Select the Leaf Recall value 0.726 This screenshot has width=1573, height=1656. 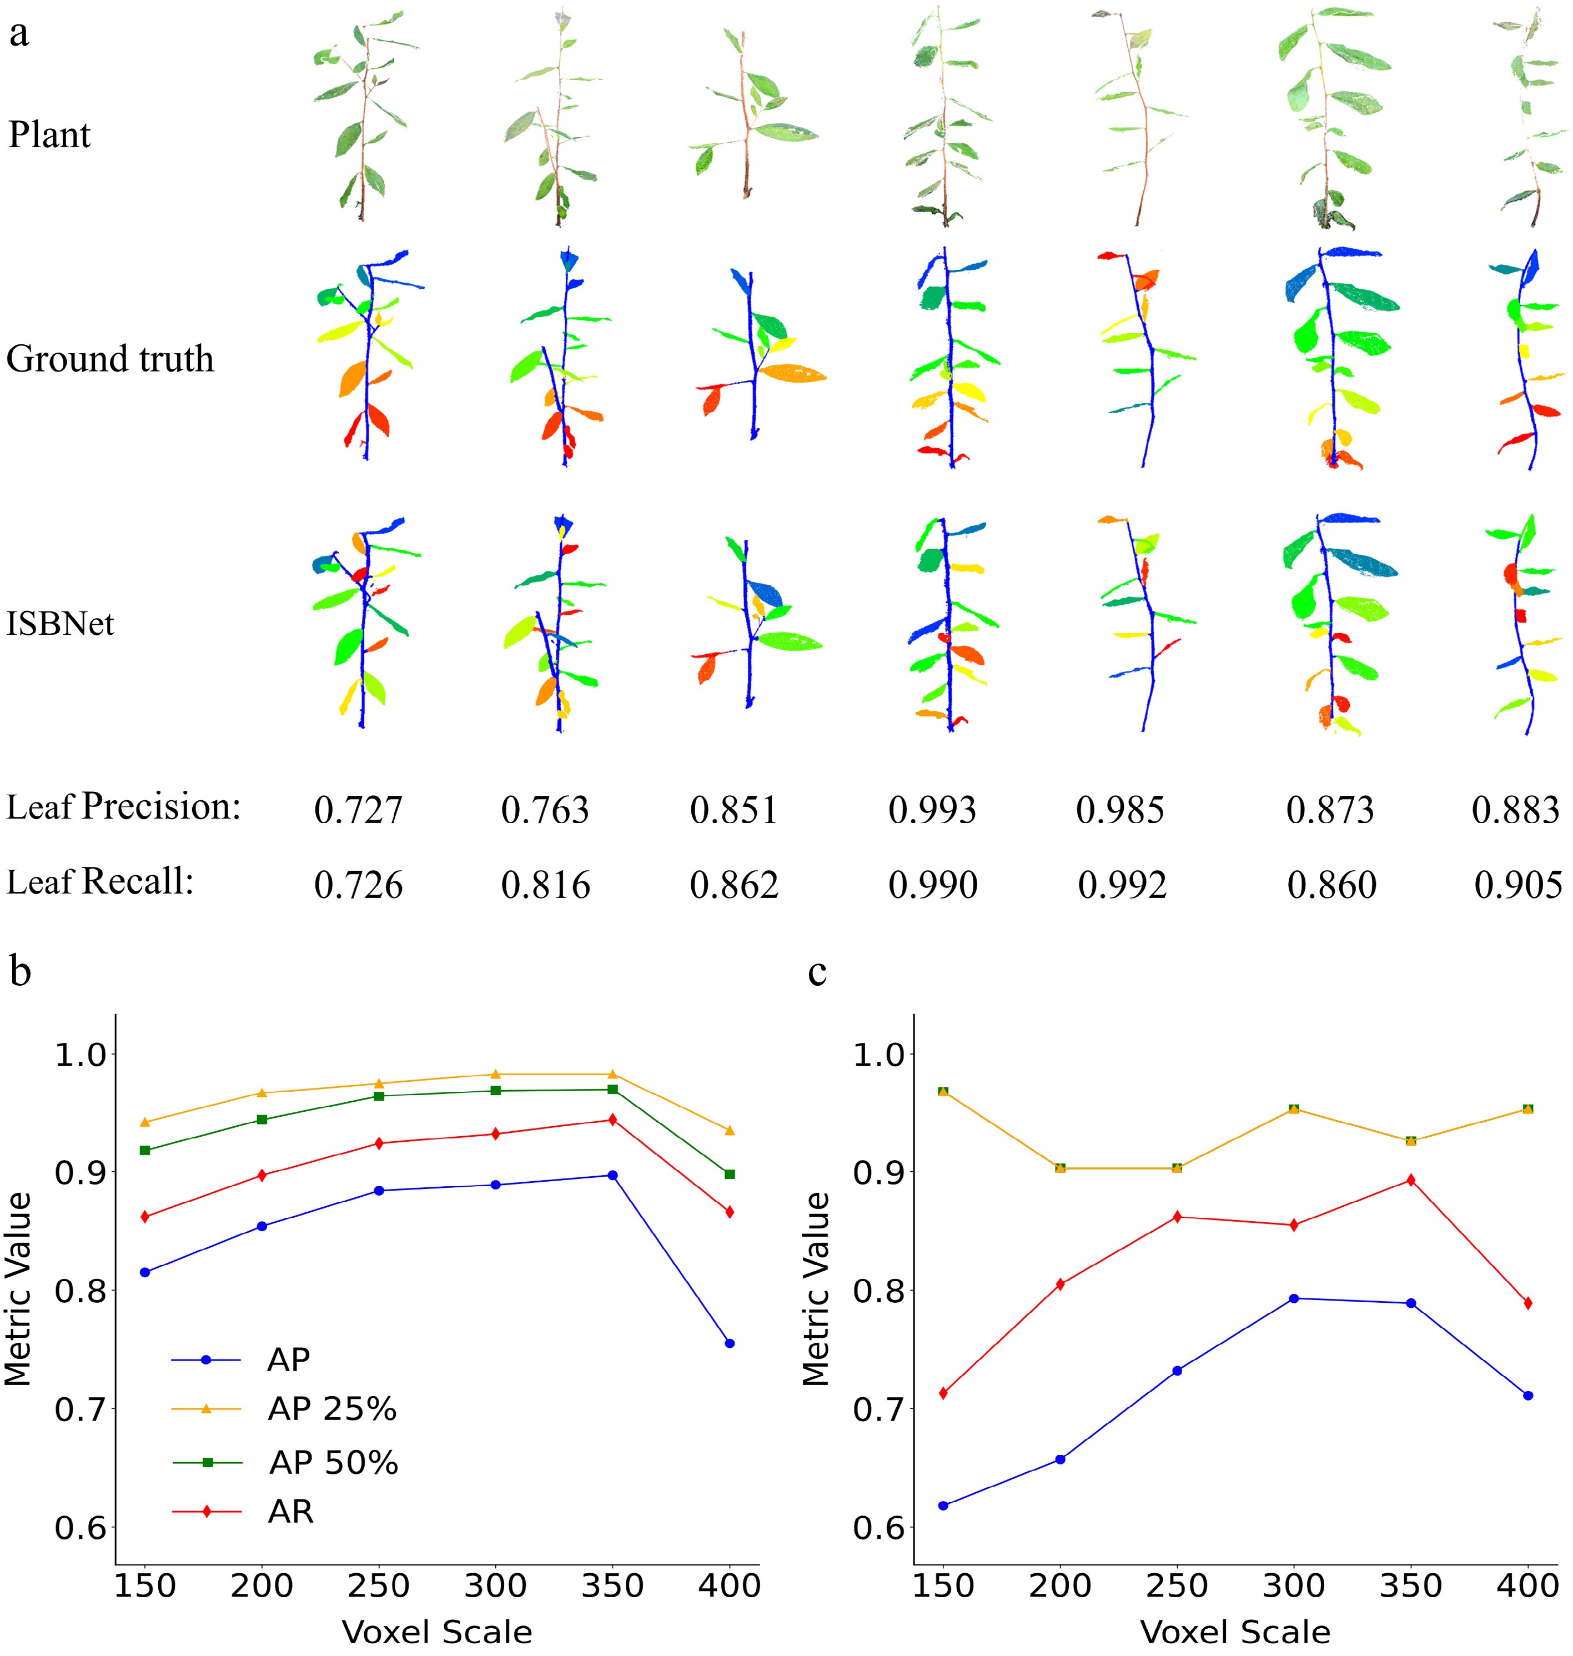point(358,885)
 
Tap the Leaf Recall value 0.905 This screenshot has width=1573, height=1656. point(1517,885)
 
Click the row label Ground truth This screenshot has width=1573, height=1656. point(110,359)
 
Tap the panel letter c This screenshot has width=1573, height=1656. point(817,971)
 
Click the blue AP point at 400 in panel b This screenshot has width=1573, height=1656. point(730,1343)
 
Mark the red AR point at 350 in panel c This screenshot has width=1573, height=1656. point(1410,1180)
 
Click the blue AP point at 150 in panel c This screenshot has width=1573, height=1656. point(943,1505)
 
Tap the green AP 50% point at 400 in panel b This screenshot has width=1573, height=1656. point(730,1174)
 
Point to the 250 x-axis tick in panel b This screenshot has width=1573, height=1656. point(378,1585)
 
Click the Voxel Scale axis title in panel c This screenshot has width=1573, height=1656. point(1235,1632)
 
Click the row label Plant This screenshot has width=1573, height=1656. point(49,134)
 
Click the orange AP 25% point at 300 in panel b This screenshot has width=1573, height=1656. point(495,1074)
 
